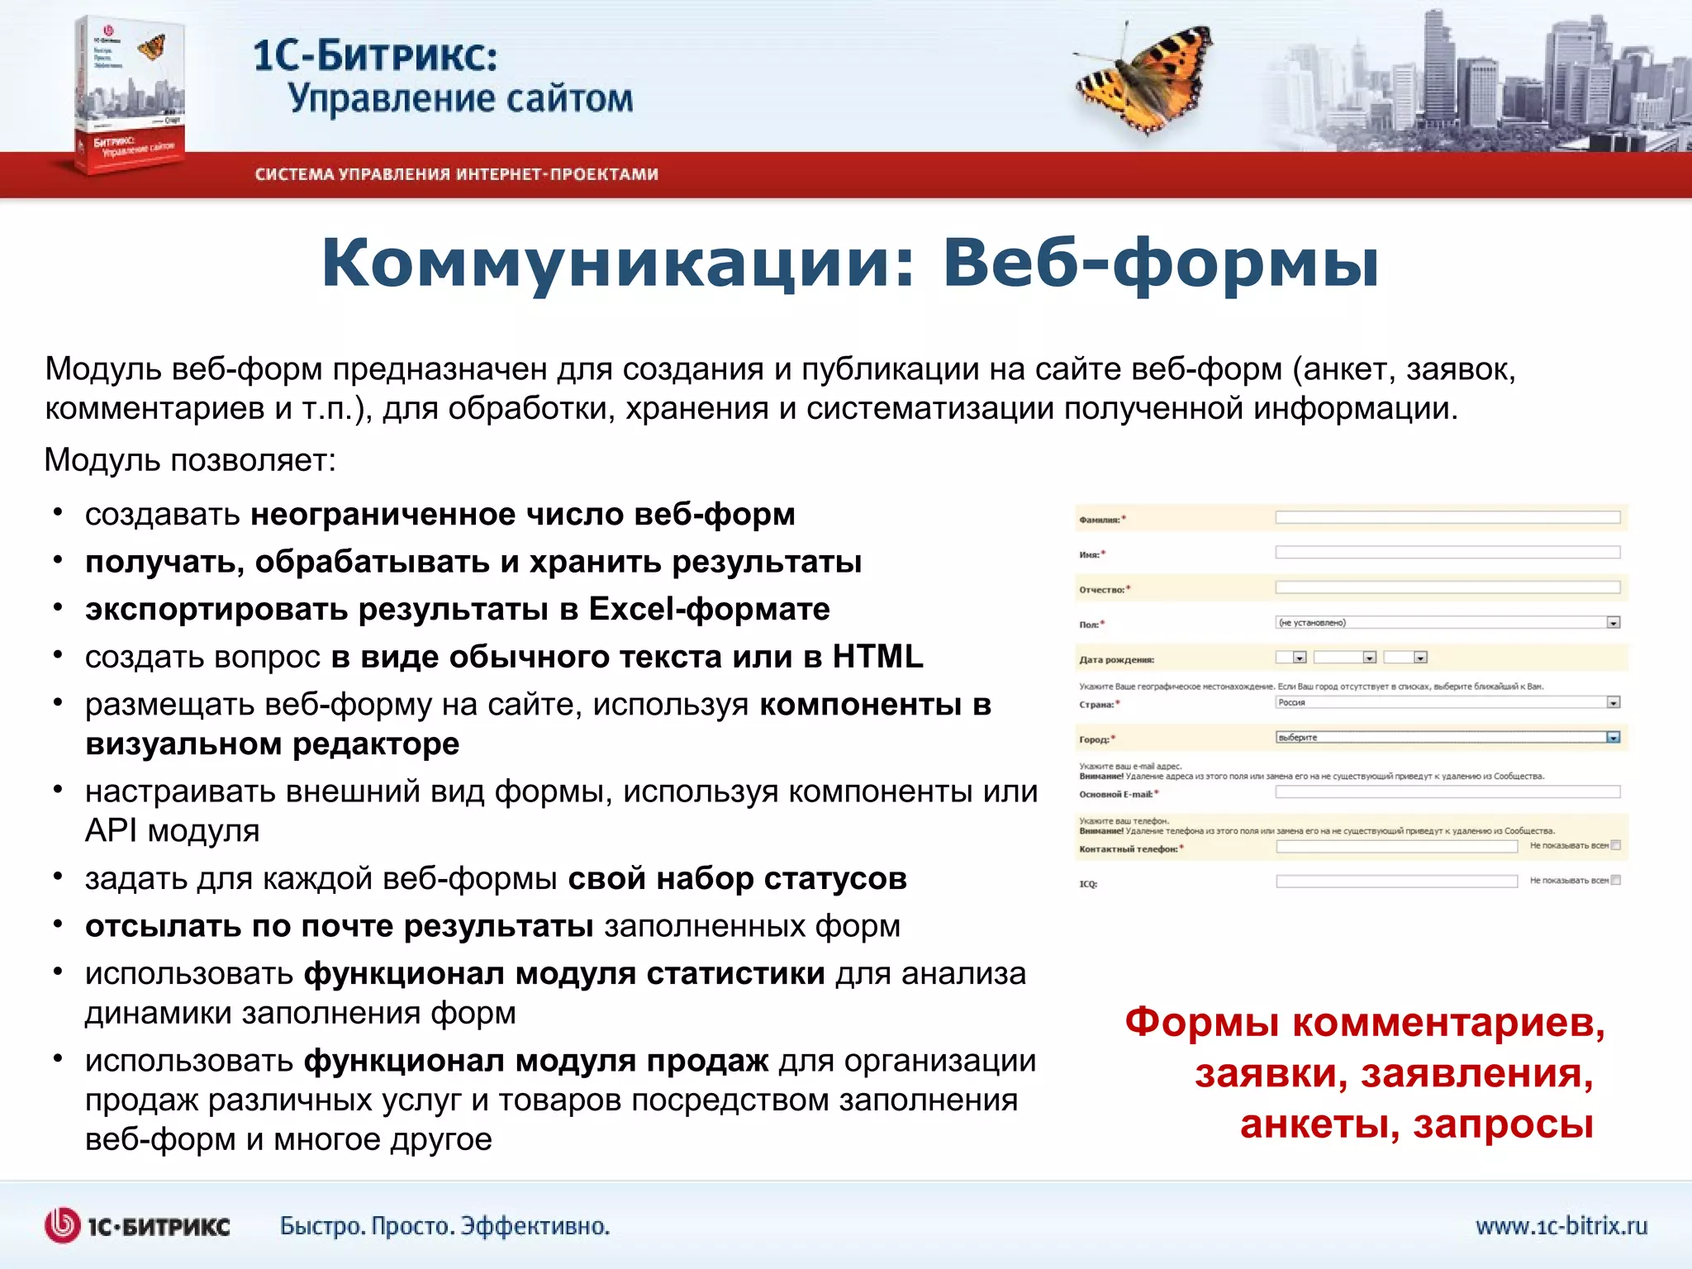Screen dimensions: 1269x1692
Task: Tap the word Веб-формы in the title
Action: (1161, 263)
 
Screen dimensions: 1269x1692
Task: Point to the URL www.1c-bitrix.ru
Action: (1561, 1225)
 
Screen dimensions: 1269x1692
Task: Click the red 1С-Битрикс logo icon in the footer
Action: (62, 1225)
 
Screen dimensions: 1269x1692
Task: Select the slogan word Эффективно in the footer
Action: (535, 1225)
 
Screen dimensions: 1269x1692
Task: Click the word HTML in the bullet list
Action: (877, 657)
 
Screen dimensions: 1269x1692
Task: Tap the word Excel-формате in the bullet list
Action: (709, 610)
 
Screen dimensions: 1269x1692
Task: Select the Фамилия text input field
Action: (1447, 517)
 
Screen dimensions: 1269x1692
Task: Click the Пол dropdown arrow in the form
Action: (1614, 623)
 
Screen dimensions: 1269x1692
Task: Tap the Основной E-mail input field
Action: (1447, 792)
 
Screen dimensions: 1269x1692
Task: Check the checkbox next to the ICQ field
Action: (1616, 881)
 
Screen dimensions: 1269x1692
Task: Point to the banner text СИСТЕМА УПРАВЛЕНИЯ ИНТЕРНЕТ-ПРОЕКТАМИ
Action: (456, 174)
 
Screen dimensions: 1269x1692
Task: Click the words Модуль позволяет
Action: (190, 460)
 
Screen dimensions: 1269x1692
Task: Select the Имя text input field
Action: (1447, 553)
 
